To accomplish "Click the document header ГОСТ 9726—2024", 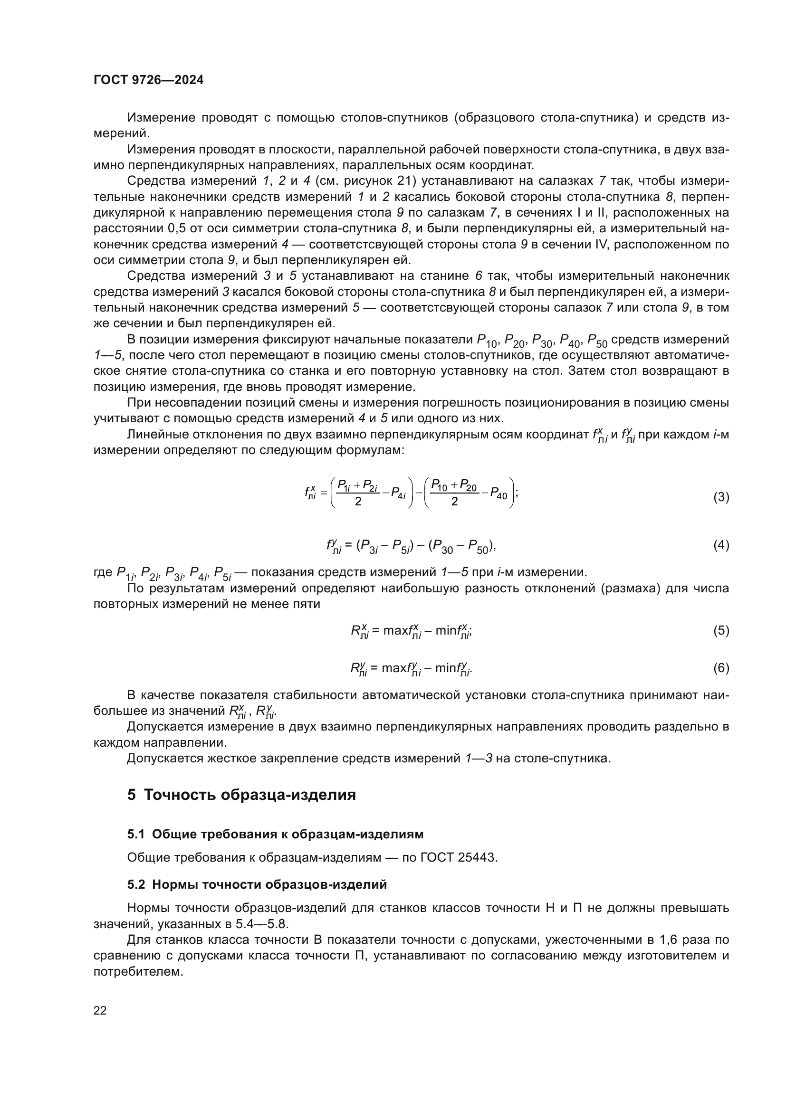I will click(x=149, y=80).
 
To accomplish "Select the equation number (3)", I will click(x=721, y=497).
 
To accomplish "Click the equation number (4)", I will click(x=721, y=545).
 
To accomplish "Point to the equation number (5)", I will click(x=721, y=630).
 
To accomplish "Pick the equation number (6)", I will click(x=721, y=668).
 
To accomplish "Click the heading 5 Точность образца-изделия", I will click(x=241, y=795).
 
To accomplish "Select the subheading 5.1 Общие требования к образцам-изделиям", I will click(x=276, y=834).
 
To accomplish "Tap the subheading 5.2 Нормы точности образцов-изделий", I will click(x=257, y=884).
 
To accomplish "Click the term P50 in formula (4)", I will click(x=480, y=547).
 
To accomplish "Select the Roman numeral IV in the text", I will click(x=600, y=244).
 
